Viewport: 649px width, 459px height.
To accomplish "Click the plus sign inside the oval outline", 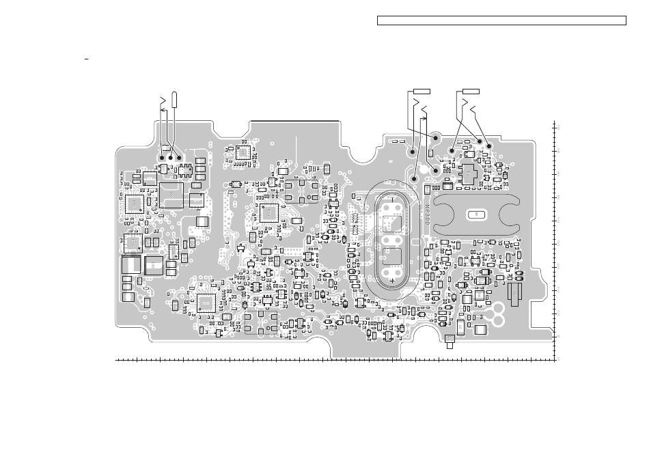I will (393, 279).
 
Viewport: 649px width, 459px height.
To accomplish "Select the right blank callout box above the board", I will (470, 90).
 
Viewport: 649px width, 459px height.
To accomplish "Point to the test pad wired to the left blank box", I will (435, 138).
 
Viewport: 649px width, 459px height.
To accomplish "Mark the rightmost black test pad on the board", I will (488, 147).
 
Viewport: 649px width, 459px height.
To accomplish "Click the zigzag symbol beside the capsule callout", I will (163, 103).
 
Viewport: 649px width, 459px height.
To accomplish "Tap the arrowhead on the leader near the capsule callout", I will (426, 119).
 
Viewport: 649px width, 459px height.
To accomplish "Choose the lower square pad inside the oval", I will (392, 257).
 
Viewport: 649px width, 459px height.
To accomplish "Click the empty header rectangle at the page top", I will (501, 20).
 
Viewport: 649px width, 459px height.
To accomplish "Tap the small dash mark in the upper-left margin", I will (87, 60).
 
